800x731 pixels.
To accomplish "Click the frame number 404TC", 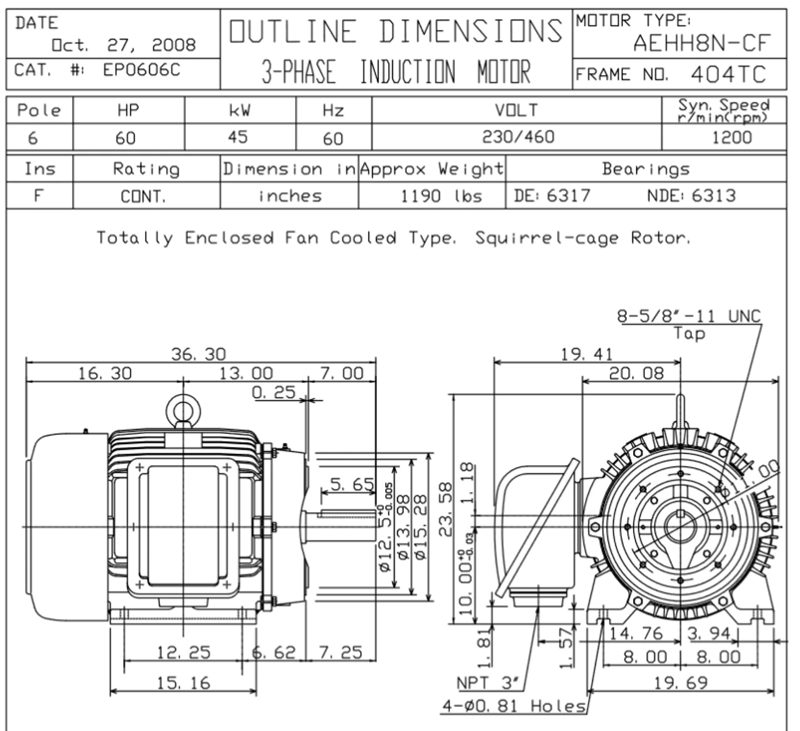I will click(727, 74).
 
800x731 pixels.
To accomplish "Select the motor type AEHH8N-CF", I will click(701, 43).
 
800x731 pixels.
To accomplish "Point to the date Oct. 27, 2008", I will click(124, 45).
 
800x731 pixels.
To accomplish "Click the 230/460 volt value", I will click(517, 136).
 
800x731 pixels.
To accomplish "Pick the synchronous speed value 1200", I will click(731, 137).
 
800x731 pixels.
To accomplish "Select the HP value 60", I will click(126, 138).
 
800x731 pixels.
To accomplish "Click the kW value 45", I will click(237, 136).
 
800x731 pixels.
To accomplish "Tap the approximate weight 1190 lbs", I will click(441, 196).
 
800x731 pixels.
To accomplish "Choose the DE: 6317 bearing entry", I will click(551, 196).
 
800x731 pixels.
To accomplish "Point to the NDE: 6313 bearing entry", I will click(691, 196).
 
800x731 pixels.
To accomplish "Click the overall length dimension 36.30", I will click(198, 354).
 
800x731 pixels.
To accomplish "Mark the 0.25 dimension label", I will click(273, 392).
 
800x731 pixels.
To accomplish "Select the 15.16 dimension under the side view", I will click(183, 683).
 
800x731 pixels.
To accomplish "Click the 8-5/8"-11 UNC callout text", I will click(689, 316).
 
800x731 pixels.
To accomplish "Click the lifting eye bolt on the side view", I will click(182, 411).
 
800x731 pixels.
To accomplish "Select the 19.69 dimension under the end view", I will click(681, 682).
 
